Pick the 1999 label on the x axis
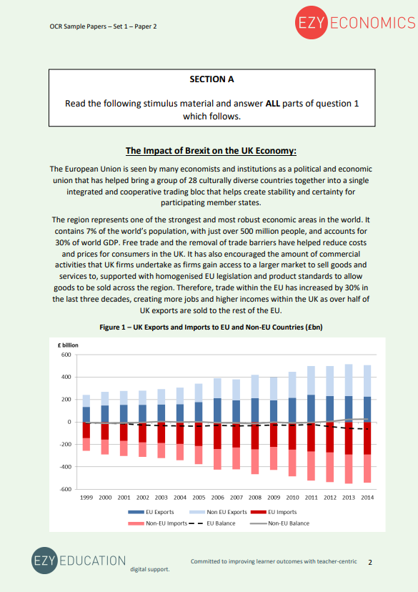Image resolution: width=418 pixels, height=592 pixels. pyautogui.click(x=86, y=496)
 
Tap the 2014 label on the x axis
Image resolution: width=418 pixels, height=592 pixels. pyautogui.click(x=367, y=496)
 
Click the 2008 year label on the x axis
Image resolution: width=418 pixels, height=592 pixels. pyautogui.click(x=255, y=496)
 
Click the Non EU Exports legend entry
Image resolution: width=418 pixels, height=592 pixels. pyautogui.click(x=224, y=512)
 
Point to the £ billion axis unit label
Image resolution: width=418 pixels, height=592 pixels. pyautogui.click(x=69, y=345)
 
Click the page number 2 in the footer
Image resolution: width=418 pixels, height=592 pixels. pyautogui.click(x=370, y=562)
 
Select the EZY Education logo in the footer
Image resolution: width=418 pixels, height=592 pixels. pyautogui.click(x=79, y=561)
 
